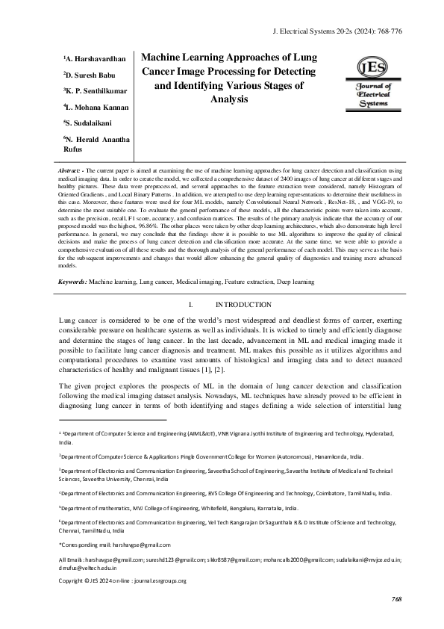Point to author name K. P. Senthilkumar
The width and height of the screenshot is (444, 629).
pyautogui.click(x=96, y=91)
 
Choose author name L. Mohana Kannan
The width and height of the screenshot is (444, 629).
pyautogui.click(x=96, y=108)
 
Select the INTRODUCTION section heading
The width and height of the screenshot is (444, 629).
pyautogui.click(x=243, y=305)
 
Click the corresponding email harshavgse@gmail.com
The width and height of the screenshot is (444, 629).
pyautogui.click(x=140, y=545)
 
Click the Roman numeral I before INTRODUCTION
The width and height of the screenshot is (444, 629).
pyautogui.click(x=192, y=305)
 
